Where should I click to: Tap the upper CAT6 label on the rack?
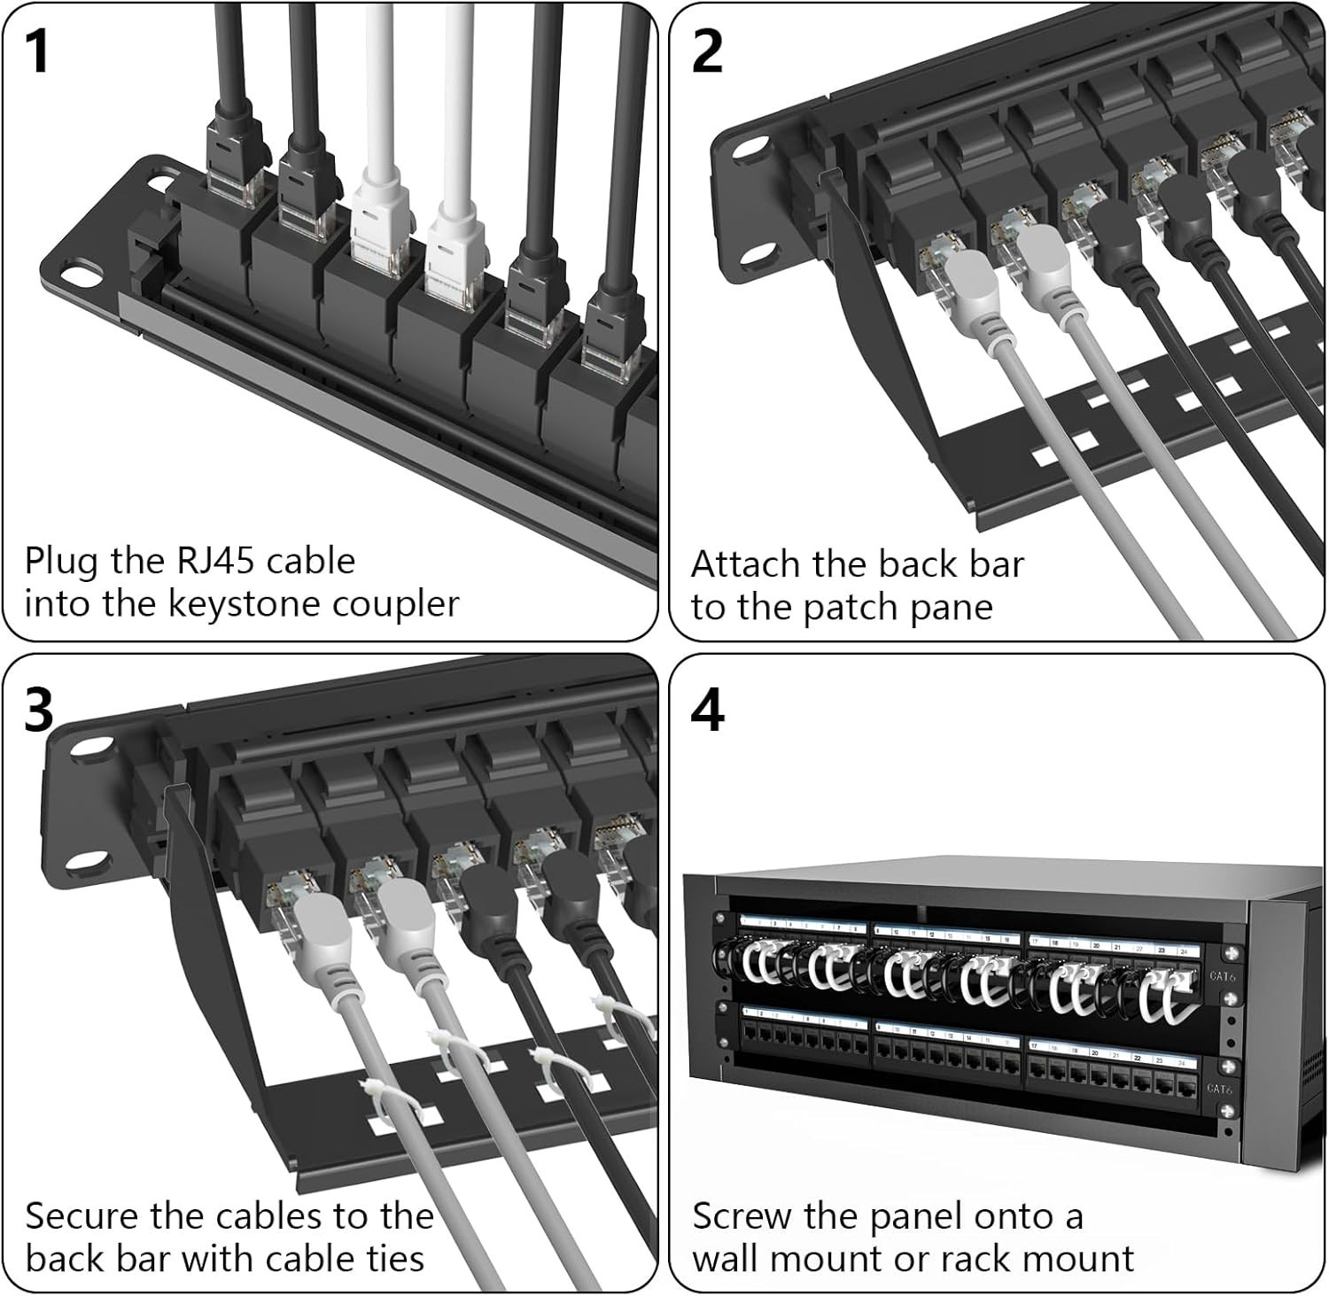pyautogui.click(x=1222, y=976)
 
